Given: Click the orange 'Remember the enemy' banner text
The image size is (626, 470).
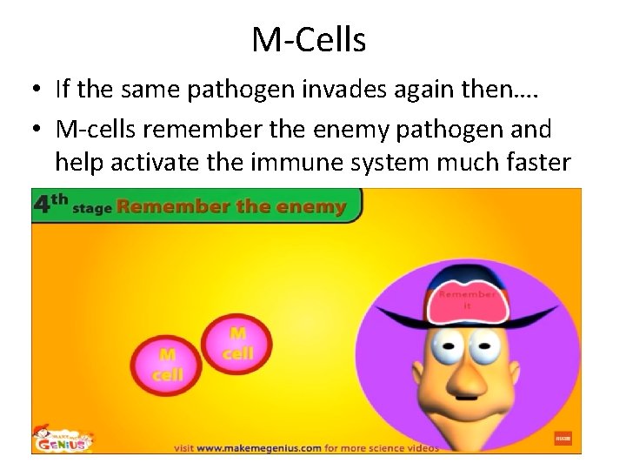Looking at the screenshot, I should point(231,208).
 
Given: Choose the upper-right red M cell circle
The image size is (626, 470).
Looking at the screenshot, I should point(237,341).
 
